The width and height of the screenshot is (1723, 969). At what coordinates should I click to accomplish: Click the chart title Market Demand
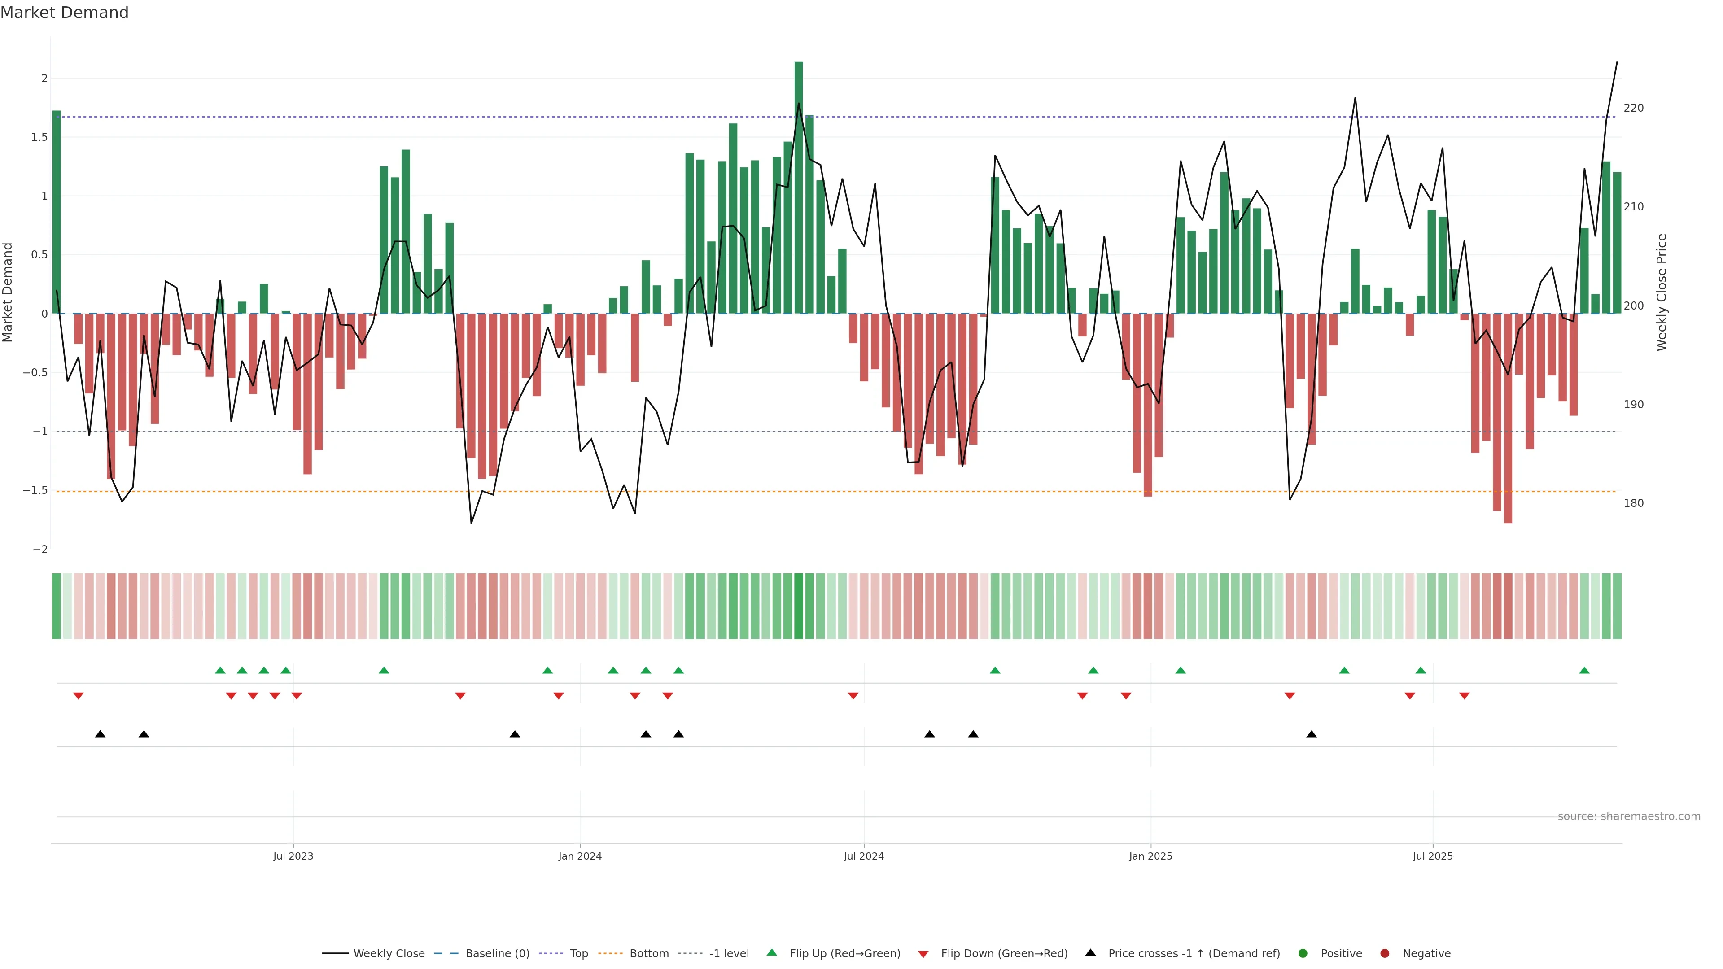point(64,13)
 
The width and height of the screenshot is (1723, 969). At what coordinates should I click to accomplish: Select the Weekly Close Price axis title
point(1662,292)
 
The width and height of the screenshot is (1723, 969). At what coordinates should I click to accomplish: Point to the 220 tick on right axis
point(1633,108)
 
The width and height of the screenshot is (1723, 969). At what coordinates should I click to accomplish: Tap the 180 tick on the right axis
point(1633,503)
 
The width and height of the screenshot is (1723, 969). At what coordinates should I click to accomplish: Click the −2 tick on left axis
point(40,549)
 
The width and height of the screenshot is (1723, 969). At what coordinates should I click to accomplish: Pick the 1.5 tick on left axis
point(40,137)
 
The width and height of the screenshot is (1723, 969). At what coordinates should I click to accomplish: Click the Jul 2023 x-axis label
point(293,856)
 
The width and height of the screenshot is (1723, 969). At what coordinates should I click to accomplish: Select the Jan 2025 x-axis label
point(1150,856)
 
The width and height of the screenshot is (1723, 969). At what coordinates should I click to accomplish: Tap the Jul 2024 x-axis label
point(863,856)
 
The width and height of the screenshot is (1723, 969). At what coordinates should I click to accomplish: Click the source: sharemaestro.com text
point(1629,816)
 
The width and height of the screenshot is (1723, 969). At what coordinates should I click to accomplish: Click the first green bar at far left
point(57,212)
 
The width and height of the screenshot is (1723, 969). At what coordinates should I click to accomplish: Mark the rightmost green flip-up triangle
point(1584,670)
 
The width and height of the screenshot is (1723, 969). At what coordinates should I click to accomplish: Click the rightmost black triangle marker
point(1312,734)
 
